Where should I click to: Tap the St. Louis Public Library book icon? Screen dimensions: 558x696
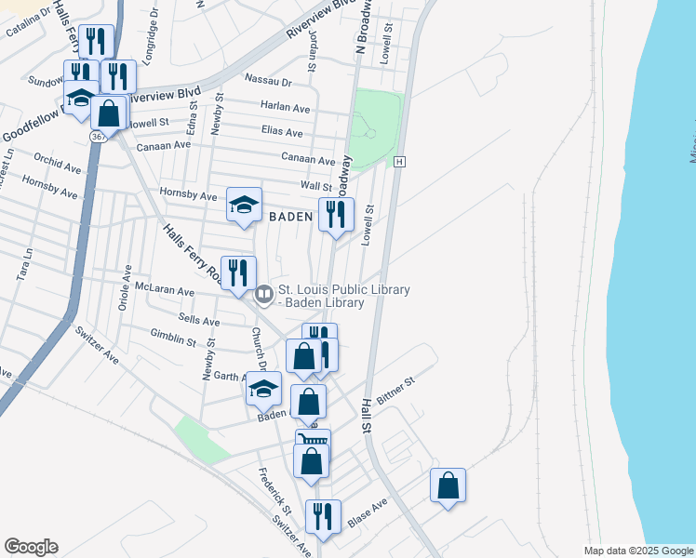[x=264, y=296]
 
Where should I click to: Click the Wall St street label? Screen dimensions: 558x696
[x=315, y=187]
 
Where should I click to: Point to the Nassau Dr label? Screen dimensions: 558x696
[x=268, y=81]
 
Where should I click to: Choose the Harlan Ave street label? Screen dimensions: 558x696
[x=285, y=106]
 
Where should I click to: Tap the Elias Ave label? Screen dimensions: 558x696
[x=283, y=132]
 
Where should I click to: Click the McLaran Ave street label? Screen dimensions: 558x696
[x=165, y=290]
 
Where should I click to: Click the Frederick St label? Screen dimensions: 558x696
[x=275, y=499]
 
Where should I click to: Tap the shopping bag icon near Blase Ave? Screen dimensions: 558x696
[x=448, y=485]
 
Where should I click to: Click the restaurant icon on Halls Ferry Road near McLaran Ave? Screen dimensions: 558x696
[x=238, y=272]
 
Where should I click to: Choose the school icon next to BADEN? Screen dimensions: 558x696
[x=245, y=205]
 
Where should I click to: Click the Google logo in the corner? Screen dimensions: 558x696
[x=31, y=547]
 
